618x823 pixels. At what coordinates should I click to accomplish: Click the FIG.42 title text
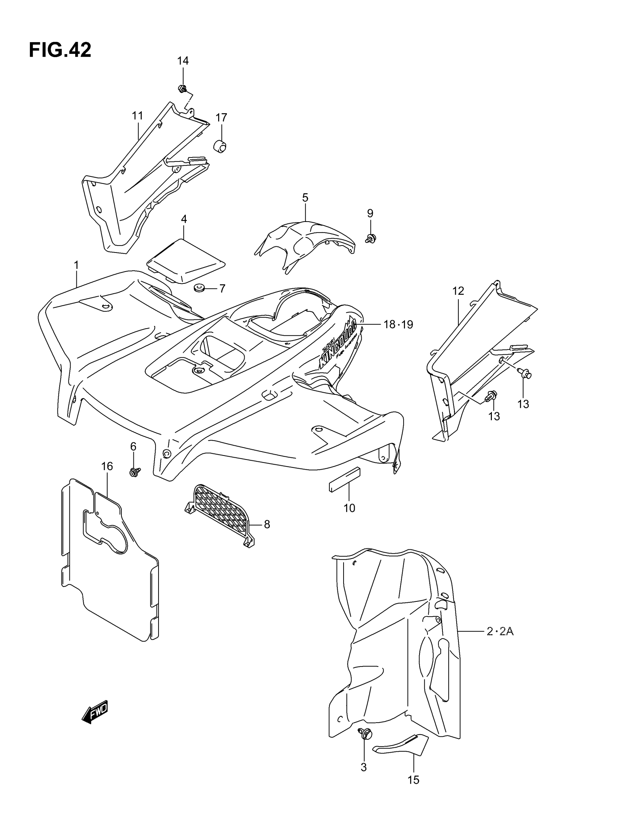pyautogui.click(x=60, y=50)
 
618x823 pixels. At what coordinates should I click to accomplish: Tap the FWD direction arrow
pyautogui.click(x=95, y=712)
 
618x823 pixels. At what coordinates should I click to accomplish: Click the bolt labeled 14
pyautogui.click(x=182, y=88)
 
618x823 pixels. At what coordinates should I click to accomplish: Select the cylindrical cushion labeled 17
pyautogui.click(x=220, y=146)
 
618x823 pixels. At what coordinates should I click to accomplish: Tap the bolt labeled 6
pyautogui.click(x=134, y=473)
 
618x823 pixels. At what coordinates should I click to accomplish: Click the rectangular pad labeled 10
pyautogui.click(x=344, y=480)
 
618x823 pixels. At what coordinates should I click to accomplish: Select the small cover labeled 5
pyautogui.click(x=305, y=242)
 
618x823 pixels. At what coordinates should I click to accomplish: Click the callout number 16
pyautogui.click(x=107, y=466)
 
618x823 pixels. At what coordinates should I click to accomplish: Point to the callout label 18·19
pyautogui.click(x=398, y=325)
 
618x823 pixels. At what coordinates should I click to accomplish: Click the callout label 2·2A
pyautogui.click(x=500, y=631)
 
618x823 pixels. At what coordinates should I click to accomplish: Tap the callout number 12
pyautogui.click(x=458, y=291)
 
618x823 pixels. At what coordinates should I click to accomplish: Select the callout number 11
pyautogui.click(x=137, y=116)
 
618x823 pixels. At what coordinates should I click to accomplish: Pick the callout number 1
pyautogui.click(x=76, y=265)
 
